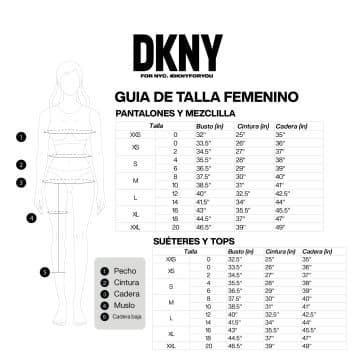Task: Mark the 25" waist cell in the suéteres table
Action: pyautogui.click(x=269, y=259)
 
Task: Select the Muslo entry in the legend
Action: pyautogui.click(x=124, y=304)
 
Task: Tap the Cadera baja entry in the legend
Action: pyautogui.click(x=125, y=316)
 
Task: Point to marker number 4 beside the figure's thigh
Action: pyautogui.click(x=31, y=217)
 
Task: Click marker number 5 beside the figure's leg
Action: pyautogui.click(x=44, y=270)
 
